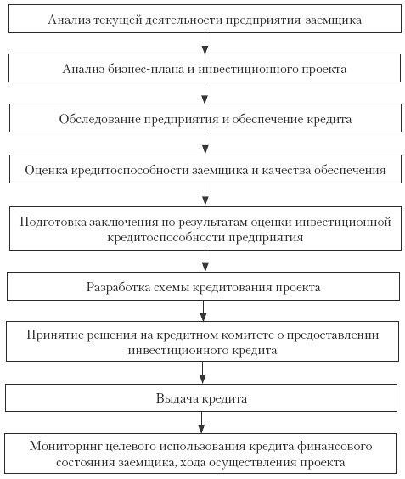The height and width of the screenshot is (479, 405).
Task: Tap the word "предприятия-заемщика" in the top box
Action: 294,20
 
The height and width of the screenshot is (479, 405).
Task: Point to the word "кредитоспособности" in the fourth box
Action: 130,171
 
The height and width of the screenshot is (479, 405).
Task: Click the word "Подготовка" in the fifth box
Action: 53,222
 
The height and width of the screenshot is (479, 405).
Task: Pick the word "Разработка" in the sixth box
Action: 118,287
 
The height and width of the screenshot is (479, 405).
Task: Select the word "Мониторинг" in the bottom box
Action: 65,447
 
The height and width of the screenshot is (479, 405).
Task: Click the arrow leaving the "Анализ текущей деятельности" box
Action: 205,43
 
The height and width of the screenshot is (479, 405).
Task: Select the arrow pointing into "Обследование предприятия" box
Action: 205,93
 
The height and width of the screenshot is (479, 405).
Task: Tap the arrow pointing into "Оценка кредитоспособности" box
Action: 205,144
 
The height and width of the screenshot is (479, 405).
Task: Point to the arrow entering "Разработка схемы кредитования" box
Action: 205,262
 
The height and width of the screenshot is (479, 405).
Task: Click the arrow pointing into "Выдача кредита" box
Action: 202,373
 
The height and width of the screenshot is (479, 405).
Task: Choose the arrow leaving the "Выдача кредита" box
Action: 201,422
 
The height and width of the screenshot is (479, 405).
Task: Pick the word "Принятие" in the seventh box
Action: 55,335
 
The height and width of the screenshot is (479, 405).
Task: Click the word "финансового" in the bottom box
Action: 335,447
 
